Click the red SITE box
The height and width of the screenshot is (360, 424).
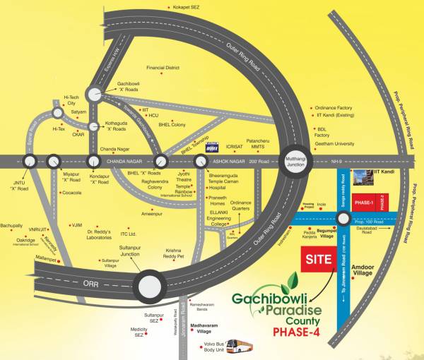click(x=318, y=259)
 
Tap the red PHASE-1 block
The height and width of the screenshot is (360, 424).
click(x=365, y=203)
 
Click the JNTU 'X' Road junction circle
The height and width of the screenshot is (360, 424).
click(x=29, y=162)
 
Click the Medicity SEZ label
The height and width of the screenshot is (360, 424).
click(x=139, y=332)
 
